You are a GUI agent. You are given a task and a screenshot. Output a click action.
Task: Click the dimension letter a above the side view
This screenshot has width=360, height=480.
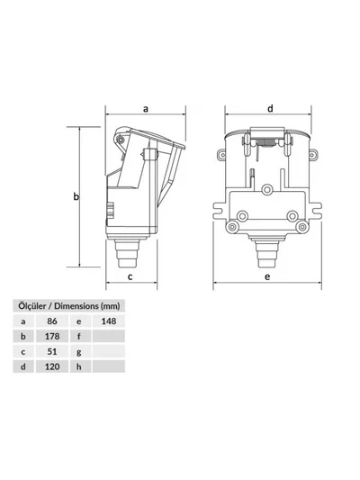point(146,109)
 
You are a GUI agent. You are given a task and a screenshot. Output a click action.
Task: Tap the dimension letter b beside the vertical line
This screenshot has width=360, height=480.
point(76,196)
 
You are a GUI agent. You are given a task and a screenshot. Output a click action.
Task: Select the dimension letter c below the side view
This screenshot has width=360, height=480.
point(130,276)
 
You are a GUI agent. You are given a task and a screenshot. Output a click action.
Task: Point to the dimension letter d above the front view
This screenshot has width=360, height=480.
point(270,108)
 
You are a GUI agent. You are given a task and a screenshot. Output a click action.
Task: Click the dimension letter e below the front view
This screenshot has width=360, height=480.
point(267,276)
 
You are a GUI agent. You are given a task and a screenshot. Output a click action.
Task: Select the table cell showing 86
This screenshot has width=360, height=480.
point(52,322)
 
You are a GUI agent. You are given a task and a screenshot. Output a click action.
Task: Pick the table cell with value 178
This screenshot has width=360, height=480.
point(52,336)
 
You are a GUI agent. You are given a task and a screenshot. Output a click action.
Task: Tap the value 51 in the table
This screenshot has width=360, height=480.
point(52,351)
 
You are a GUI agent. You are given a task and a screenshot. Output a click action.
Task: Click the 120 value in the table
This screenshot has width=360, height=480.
point(52,367)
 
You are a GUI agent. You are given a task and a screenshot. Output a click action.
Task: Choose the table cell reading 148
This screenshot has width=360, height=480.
point(109,322)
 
